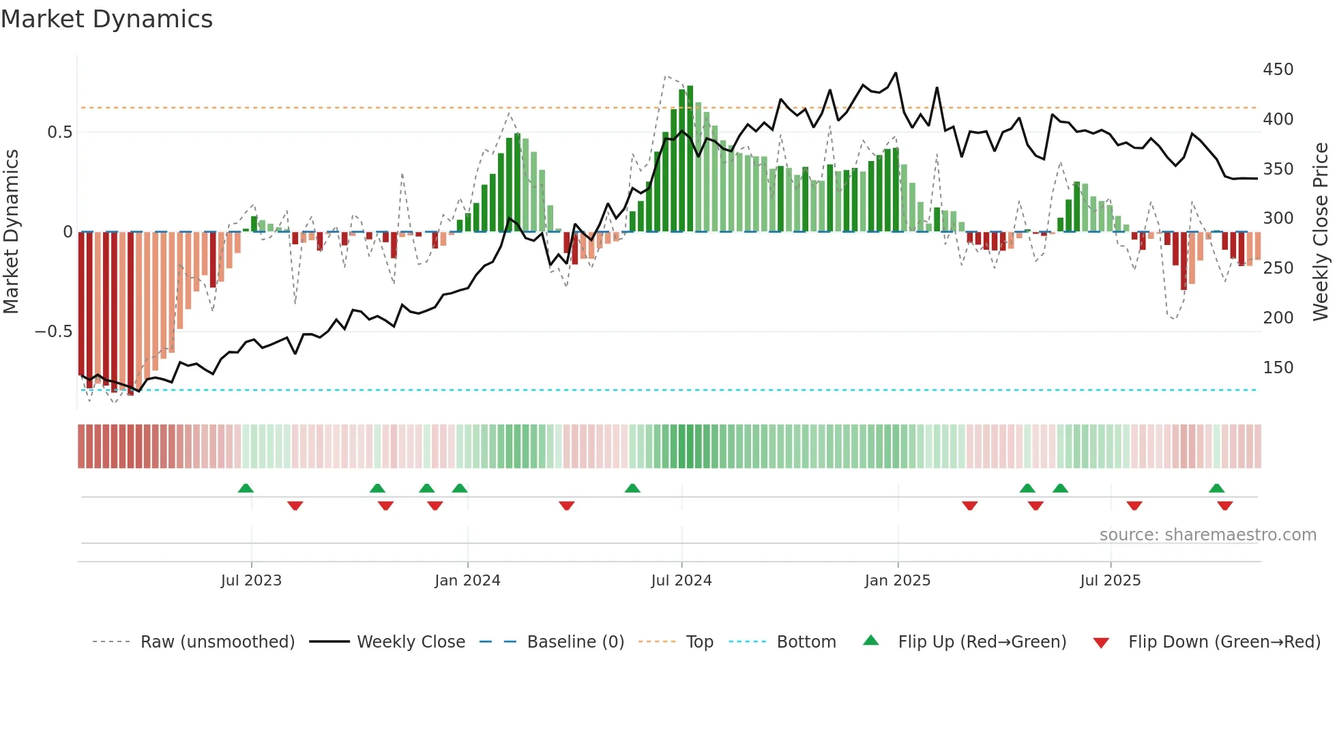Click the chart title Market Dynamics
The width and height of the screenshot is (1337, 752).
pyautogui.click(x=107, y=19)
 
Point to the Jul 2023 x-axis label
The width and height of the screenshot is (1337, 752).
pyautogui.click(x=251, y=581)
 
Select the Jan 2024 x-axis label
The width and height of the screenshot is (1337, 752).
pyautogui.click(x=467, y=581)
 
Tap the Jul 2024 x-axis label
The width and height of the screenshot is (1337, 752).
pyautogui.click(x=681, y=581)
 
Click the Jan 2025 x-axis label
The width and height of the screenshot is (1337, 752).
pyautogui.click(x=897, y=581)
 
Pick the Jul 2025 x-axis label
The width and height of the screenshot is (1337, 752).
pyautogui.click(x=1110, y=581)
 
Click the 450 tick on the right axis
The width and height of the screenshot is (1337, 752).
pyautogui.click(x=1278, y=70)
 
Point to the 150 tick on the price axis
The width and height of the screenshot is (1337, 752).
pyautogui.click(x=1278, y=368)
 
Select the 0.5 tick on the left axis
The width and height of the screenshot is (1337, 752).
pyautogui.click(x=59, y=132)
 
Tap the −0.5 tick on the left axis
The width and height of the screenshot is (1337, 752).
pyautogui.click(x=53, y=332)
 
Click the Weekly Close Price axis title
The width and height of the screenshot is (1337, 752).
pyautogui.click(x=1321, y=232)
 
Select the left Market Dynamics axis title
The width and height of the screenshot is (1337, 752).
pyautogui.click(x=11, y=232)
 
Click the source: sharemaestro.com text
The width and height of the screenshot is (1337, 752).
pyautogui.click(x=1207, y=535)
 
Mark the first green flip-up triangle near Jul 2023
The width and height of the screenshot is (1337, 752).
pyautogui.click(x=246, y=488)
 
